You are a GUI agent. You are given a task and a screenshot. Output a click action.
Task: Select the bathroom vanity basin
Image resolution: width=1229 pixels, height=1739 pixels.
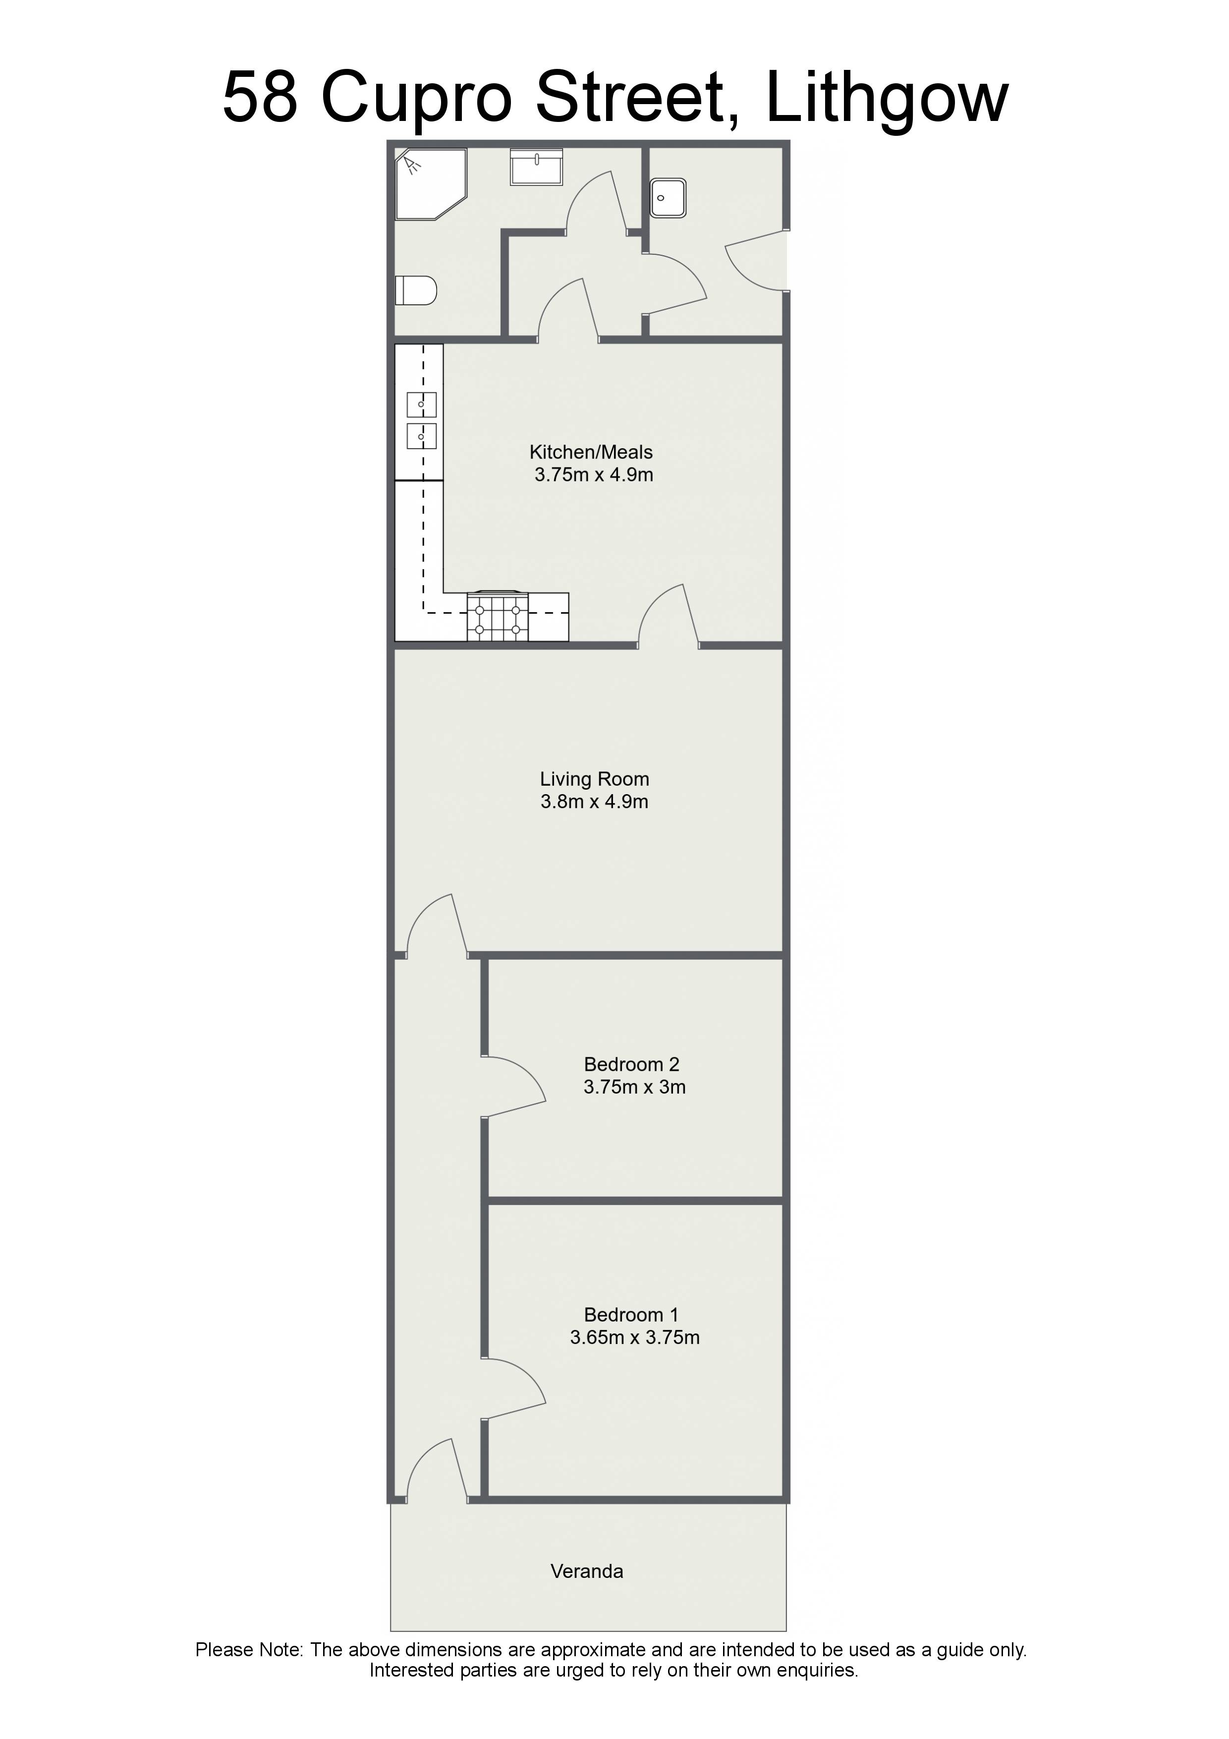537,167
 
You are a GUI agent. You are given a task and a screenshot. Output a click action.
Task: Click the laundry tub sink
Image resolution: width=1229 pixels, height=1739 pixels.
668,198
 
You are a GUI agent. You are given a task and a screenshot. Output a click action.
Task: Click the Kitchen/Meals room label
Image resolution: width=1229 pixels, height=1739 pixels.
591,452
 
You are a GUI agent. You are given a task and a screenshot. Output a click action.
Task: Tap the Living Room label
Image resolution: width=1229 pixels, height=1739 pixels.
595,779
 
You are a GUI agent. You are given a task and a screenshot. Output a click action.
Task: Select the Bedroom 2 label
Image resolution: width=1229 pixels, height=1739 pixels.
631,1064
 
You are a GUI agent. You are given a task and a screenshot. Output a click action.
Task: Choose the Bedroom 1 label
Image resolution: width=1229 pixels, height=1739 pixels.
631,1314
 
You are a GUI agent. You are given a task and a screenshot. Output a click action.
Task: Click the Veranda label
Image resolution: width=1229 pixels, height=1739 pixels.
587,1571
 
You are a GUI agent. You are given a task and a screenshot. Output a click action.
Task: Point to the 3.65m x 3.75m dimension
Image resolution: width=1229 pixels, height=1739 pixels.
634,1337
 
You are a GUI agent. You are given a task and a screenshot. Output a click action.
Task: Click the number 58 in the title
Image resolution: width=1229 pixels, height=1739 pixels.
260,97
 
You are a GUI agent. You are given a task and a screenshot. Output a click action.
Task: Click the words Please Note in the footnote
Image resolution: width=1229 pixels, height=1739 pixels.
249,1650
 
